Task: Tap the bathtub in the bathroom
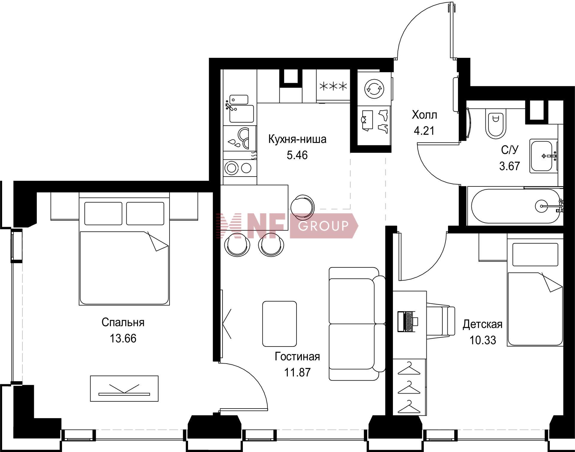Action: (x=515, y=206)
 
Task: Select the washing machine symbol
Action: (x=374, y=88)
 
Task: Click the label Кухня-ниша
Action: (x=297, y=139)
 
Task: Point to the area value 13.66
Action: (x=123, y=338)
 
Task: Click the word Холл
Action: (x=424, y=115)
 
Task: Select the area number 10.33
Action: (x=483, y=340)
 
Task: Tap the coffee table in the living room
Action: (x=279, y=324)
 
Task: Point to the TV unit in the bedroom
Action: (x=124, y=388)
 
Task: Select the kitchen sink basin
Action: (x=241, y=114)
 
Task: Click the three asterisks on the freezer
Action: (x=333, y=87)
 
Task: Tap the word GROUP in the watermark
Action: (x=323, y=225)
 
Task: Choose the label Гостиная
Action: (x=297, y=356)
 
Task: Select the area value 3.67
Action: (x=509, y=166)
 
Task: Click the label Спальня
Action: (x=123, y=322)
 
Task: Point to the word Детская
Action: (x=482, y=324)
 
